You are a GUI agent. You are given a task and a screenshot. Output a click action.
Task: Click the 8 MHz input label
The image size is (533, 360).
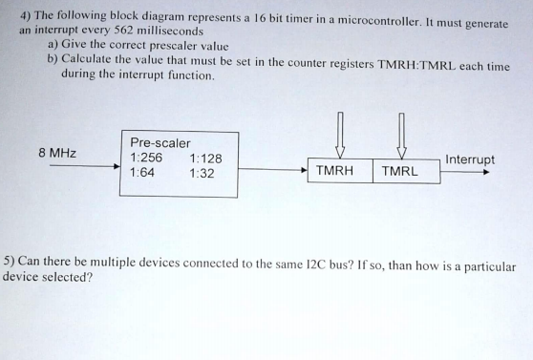pyautogui.click(x=57, y=153)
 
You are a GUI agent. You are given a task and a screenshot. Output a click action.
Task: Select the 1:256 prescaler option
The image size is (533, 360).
pyautogui.click(x=146, y=159)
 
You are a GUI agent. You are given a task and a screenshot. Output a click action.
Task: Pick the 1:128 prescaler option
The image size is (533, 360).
pyautogui.click(x=205, y=159)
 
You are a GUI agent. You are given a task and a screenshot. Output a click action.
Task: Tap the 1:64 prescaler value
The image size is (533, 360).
pyautogui.click(x=142, y=173)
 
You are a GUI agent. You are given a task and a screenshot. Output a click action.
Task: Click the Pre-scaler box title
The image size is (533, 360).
pyautogui.click(x=160, y=143)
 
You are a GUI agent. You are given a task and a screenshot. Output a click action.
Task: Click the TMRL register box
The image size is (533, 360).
pyautogui.click(x=399, y=171)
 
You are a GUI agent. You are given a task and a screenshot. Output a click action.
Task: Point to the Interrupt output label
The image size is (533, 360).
pyautogui.click(x=470, y=159)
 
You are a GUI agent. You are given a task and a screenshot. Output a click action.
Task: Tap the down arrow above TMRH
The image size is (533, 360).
pyautogui.click(x=340, y=133)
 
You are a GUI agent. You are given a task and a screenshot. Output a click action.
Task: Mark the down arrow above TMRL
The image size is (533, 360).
pyautogui.click(x=401, y=133)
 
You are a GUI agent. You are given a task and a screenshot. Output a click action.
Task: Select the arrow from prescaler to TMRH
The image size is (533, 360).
pyautogui.click(x=272, y=171)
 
